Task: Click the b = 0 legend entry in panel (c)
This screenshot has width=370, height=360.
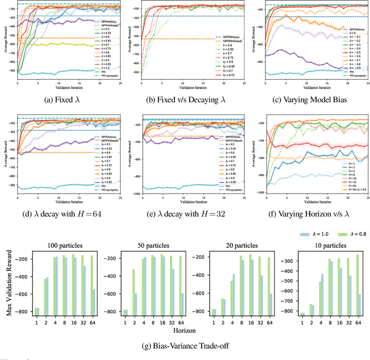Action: point(349,32)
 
